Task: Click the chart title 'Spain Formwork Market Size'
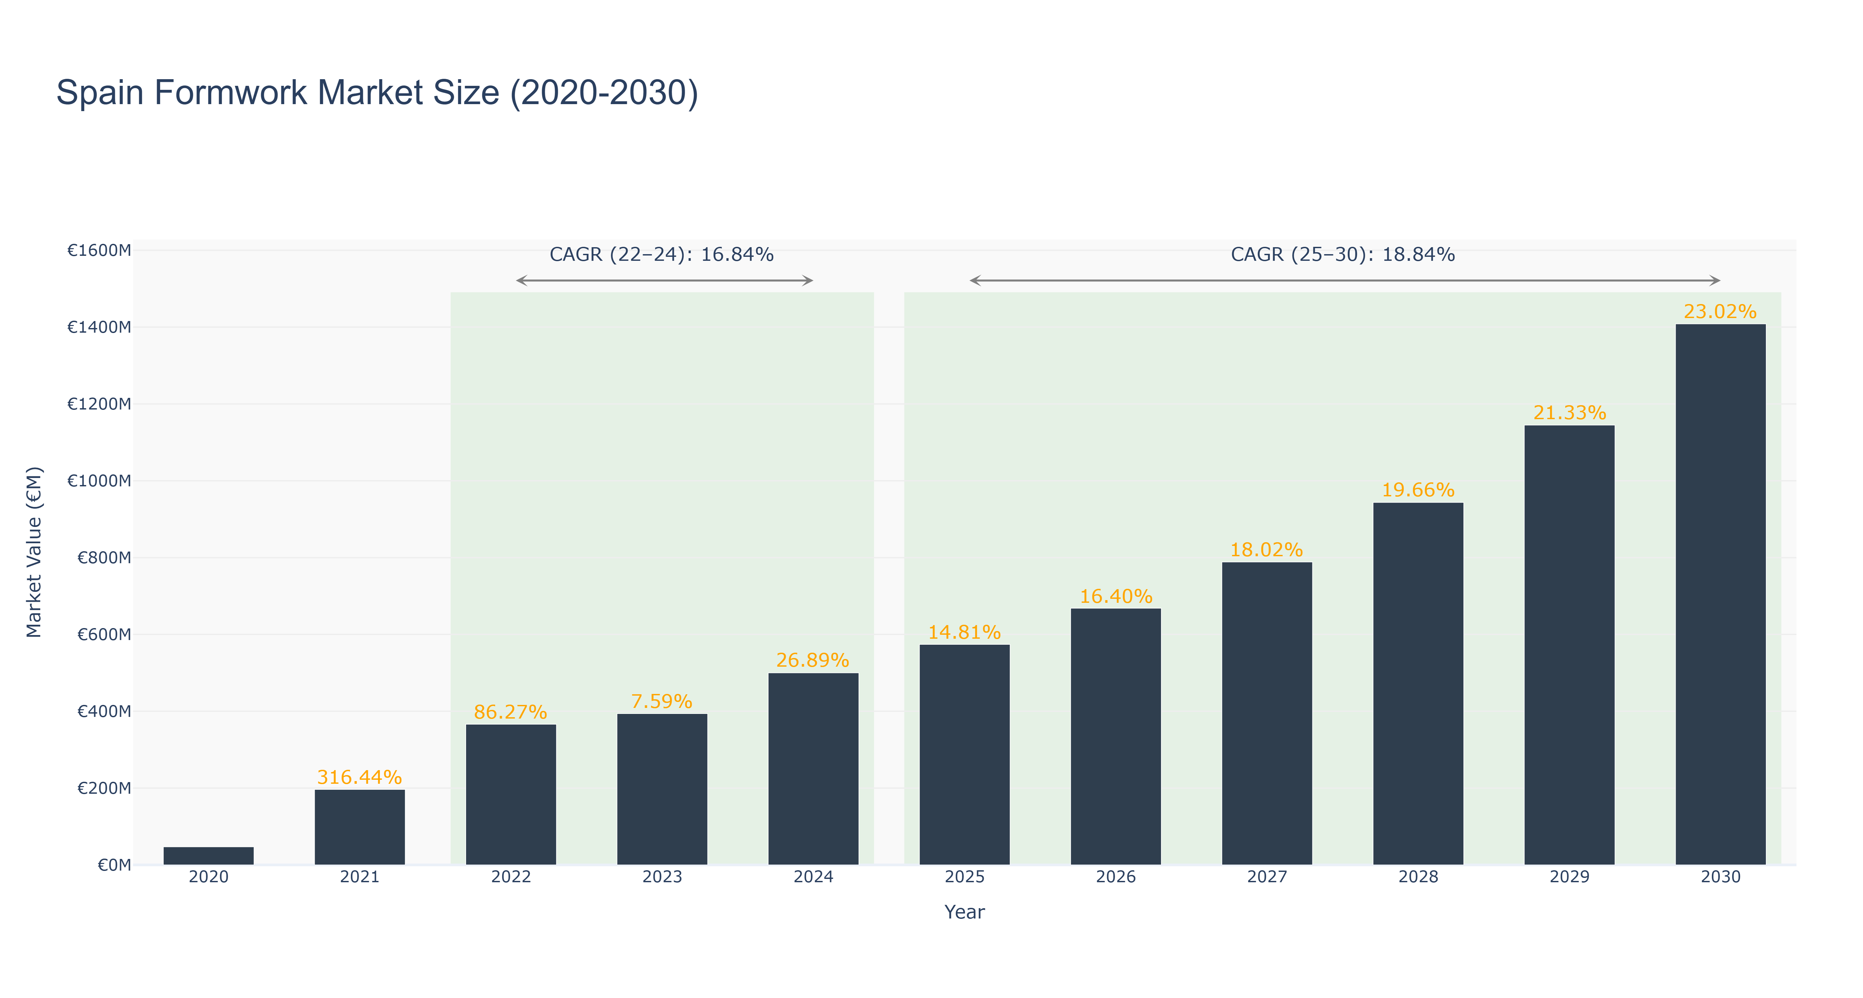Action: point(377,93)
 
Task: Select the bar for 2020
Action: point(208,856)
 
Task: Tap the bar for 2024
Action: point(813,769)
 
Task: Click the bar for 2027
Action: point(1267,713)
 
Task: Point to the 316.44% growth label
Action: point(359,777)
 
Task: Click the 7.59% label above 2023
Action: point(662,702)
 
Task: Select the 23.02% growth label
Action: point(1720,312)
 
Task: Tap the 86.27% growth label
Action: point(511,712)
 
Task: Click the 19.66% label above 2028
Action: point(1418,490)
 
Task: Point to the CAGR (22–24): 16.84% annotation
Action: point(662,254)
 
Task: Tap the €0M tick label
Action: point(114,865)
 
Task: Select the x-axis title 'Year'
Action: point(964,912)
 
